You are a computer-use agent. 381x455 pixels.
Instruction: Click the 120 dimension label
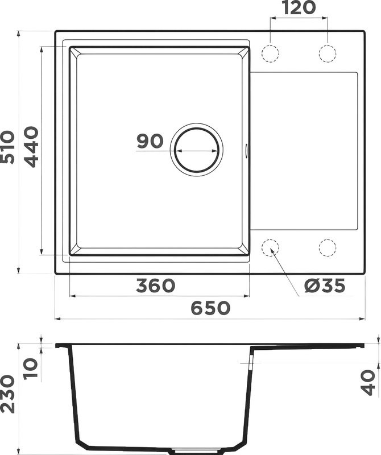point(298,8)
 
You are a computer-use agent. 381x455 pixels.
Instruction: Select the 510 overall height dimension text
point(8,147)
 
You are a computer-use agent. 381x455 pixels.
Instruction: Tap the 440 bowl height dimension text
point(31,147)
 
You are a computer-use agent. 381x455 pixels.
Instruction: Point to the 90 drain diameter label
point(150,141)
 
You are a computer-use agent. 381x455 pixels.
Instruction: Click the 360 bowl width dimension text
point(155,286)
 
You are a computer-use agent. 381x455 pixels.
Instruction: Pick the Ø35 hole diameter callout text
point(324,286)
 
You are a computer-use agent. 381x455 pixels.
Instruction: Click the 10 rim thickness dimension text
point(31,368)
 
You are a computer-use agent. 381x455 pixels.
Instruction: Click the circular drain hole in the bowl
point(197,148)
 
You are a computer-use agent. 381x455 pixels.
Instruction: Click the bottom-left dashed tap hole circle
point(270,248)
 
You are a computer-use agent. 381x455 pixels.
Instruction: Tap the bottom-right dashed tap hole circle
point(328,248)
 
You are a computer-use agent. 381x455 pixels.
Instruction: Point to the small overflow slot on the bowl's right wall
point(246,150)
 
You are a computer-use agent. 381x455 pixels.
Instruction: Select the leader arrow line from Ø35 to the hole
point(285,273)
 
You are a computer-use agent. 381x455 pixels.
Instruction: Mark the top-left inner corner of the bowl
point(77,56)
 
